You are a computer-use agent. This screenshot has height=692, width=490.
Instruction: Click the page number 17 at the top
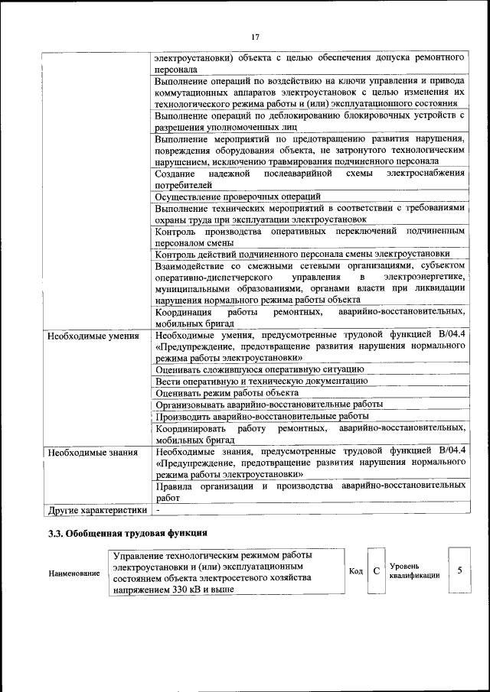(255, 36)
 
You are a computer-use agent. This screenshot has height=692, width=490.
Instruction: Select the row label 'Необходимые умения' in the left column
(93, 335)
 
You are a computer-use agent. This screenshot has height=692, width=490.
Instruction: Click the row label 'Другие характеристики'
(96, 509)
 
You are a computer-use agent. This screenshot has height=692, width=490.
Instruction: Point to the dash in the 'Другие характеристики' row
(158, 509)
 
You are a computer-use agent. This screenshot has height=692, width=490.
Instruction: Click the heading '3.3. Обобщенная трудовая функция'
(127, 532)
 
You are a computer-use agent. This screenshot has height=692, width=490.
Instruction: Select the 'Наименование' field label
(73, 573)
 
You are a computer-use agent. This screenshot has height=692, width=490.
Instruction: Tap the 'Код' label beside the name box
(355, 571)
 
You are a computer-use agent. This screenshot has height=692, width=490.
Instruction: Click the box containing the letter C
(375, 571)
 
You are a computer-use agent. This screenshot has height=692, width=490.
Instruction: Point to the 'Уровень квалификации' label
(413, 571)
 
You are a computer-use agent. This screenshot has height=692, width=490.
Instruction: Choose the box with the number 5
(459, 570)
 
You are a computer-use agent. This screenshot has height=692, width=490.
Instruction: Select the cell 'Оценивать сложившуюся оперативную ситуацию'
(259, 369)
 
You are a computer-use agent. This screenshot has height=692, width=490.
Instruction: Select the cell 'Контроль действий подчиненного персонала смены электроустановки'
(302, 254)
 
